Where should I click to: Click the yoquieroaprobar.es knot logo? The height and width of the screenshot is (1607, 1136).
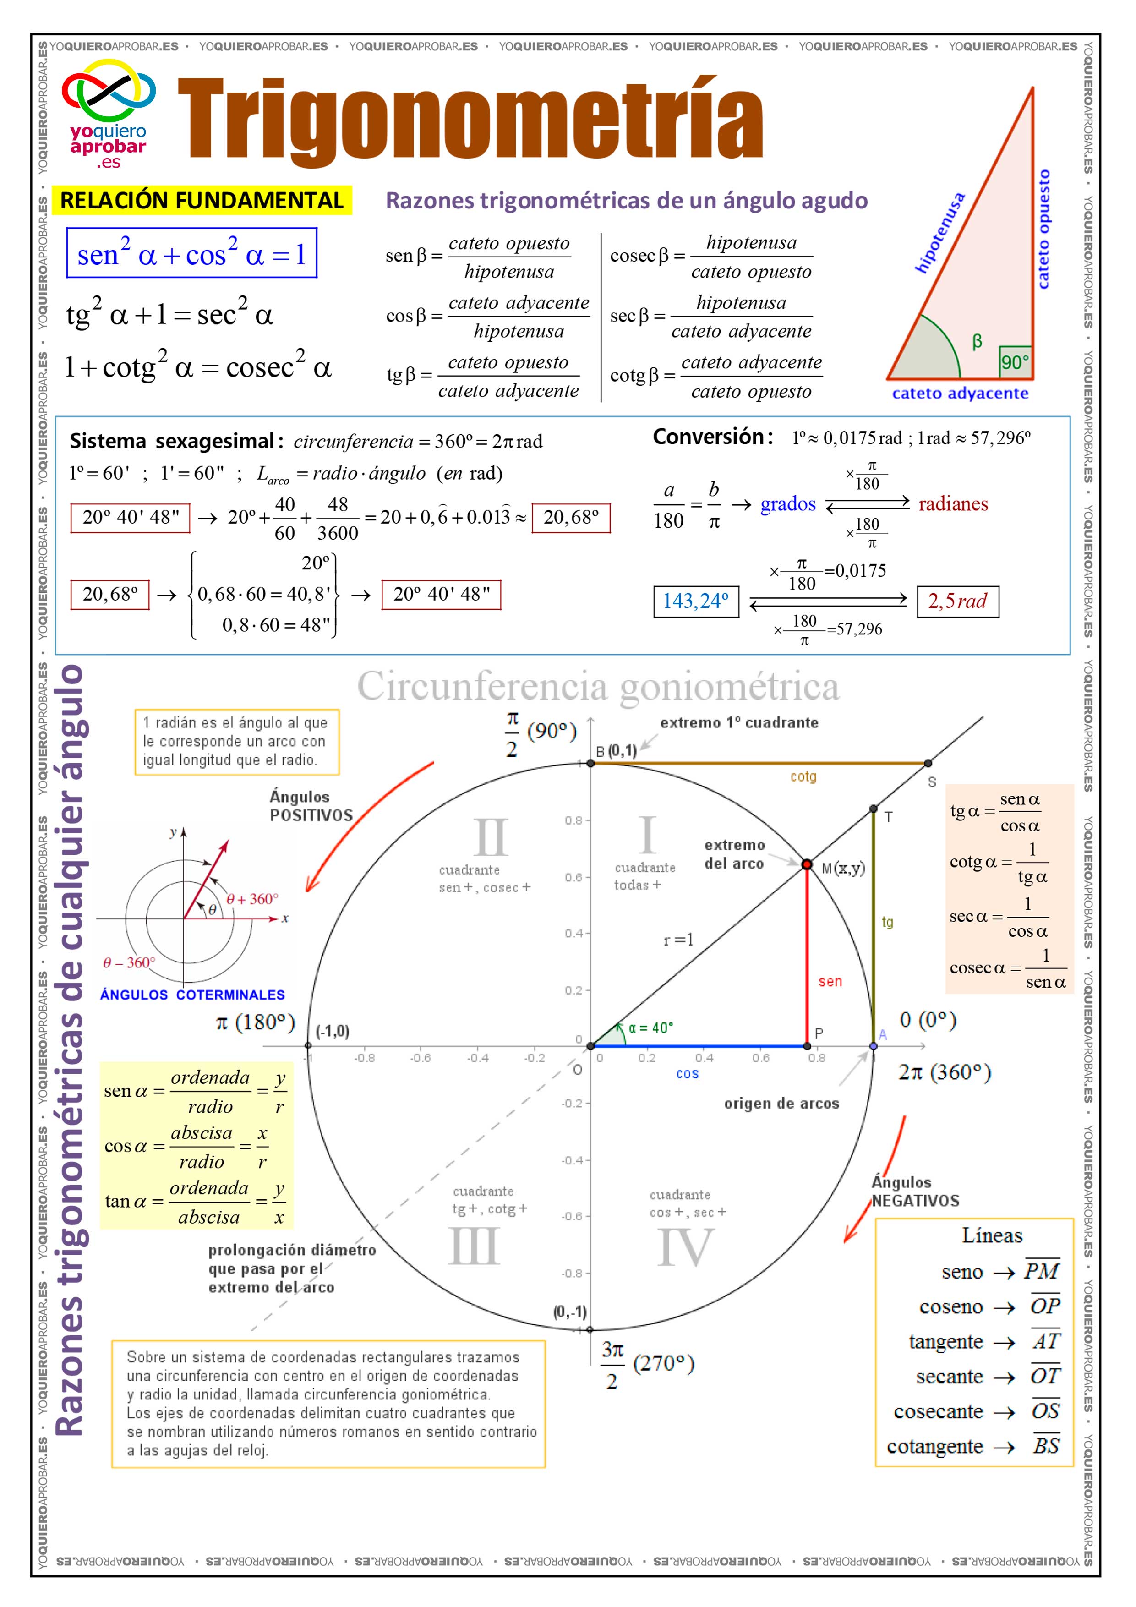click(x=109, y=93)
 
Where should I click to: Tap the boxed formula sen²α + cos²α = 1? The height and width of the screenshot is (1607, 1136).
click(x=192, y=253)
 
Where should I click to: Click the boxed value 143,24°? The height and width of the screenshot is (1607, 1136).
click(x=696, y=601)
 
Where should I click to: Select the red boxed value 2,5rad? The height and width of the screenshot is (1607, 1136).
click(x=957, y=601)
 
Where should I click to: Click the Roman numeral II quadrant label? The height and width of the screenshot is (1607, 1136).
click(x=491, y=836)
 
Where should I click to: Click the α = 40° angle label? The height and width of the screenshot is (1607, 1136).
click(x=650, y=1028)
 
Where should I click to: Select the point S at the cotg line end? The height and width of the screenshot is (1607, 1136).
click(x=928, y=763)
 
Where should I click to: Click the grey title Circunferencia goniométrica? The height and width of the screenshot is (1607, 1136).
click(x=598, y=686)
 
